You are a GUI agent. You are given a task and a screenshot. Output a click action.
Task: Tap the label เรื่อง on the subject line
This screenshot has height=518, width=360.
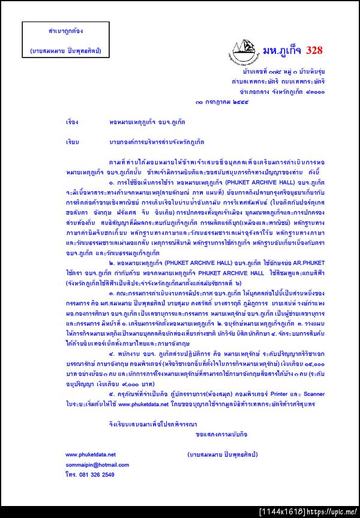click(72, 121)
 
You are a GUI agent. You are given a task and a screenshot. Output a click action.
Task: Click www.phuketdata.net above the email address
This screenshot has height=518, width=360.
click(91, 454)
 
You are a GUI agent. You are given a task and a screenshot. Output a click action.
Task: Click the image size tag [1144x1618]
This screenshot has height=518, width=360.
click(283, 511)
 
